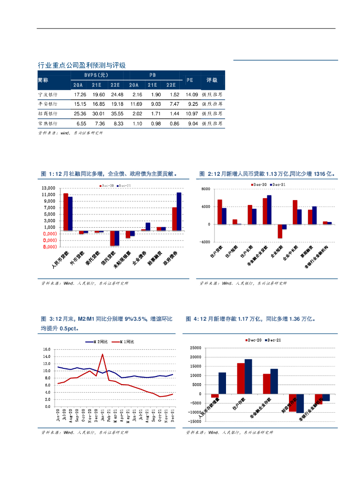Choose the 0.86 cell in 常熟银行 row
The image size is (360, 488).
(x=173, y=123)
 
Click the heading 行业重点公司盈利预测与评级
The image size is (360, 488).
(x=82, y=65)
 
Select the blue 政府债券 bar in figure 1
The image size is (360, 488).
(x=179, y=212)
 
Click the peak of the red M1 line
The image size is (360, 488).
(x=103, y=354)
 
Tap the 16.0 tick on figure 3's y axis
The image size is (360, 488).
(x=47, y=349)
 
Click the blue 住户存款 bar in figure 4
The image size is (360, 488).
(x=248, y=376)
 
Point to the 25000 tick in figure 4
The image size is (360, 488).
(x=195, y=348)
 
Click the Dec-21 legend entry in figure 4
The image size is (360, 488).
(x=273, y=339)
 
